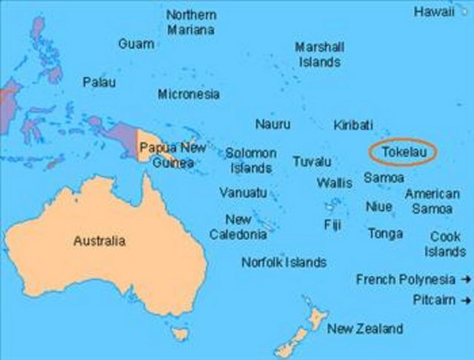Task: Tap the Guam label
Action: click(136, 44)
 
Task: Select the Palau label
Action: click(99, 82)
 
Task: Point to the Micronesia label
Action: click(188, 94)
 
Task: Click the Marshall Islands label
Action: click(320, 55)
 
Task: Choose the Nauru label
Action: click(272, 124)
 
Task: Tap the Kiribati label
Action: click(353, 124)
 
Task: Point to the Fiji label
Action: click(332, 224)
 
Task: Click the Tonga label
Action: click(385, 233)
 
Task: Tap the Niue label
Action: click(378, 207)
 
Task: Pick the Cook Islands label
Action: click(445, 244)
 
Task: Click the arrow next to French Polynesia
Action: click(465, 279)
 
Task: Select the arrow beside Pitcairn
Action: click(465, 300)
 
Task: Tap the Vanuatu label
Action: click(243, 193)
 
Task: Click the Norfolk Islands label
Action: click(284, 262)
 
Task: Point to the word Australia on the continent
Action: click(100, 241)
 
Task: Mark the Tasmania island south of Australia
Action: click(178, 336)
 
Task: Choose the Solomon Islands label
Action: click(250, 161)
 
